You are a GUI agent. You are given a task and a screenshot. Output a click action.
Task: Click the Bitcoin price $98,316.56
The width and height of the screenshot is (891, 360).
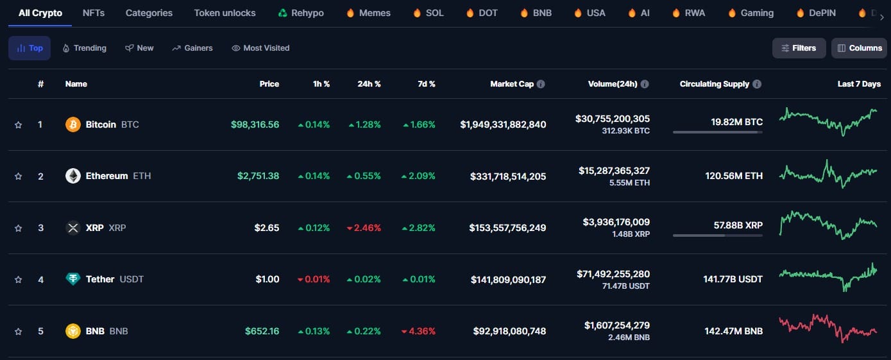pos(255,124)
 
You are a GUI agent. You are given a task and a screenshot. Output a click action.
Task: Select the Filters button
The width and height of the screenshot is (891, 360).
pos(799,48)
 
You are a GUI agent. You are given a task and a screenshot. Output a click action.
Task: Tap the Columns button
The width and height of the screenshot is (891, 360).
pos(859,48)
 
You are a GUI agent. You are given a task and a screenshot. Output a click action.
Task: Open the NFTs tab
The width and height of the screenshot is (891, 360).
pos(94,13)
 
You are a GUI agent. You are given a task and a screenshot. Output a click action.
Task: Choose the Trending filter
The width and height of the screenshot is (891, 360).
pos(85,48)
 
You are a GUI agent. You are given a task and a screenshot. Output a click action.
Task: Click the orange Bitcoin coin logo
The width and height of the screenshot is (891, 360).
pos(73,124)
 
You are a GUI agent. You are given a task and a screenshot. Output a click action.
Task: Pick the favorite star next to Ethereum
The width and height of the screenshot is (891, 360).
pos(18,176)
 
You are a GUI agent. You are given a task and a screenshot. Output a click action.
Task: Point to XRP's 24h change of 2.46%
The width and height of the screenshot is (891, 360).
pos(364,228)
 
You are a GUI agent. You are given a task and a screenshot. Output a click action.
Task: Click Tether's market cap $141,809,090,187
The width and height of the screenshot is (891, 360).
pos(508,280)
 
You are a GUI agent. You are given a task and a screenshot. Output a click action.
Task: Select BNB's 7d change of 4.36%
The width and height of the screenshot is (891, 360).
pos(418,331)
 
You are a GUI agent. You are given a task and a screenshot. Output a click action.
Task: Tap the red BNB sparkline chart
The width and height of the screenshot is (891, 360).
pos(827,328)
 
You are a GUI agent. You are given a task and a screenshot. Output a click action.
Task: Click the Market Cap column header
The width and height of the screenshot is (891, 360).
pos(511,84)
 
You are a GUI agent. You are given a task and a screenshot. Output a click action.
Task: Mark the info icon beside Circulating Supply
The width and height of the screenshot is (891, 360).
pos(757,84)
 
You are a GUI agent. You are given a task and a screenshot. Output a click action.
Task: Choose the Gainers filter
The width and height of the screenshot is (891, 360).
pos(192,48)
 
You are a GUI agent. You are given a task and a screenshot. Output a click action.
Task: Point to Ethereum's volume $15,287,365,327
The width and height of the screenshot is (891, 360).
pos(614,171)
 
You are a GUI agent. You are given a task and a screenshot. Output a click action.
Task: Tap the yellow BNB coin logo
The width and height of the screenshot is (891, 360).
pos(73,331)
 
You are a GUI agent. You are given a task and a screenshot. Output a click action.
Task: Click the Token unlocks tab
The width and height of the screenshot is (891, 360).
pos(225,13)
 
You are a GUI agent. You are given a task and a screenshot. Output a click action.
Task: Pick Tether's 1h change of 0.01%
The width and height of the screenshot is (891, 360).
pos(314,280)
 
